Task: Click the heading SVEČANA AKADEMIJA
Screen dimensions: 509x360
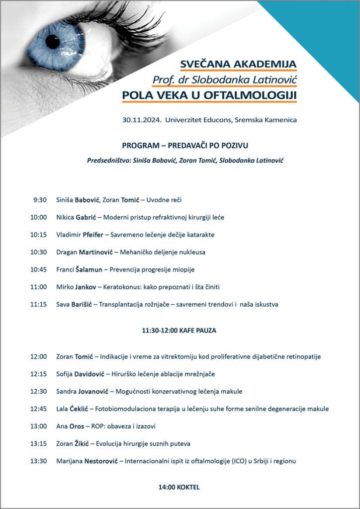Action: [238, 64]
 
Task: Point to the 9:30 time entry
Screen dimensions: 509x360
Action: [40, 200]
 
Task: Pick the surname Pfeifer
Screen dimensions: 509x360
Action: [96, 235]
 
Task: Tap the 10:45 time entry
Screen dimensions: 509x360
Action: [38, 269]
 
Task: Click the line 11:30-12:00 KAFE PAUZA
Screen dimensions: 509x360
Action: [179, 330]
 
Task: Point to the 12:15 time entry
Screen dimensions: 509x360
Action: [38, 374]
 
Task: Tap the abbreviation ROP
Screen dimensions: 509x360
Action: [100, 426]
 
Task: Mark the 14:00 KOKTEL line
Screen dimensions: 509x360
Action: [179, 487]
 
